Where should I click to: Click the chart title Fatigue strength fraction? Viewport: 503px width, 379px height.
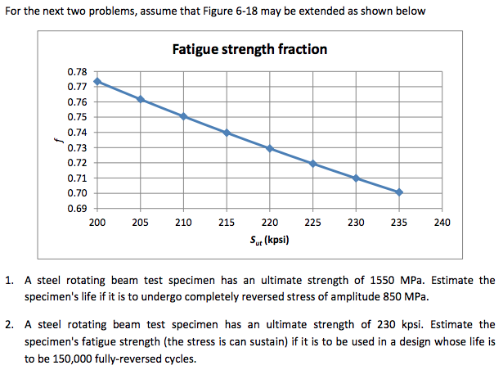249,49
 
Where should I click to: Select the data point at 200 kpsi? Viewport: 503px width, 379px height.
97,82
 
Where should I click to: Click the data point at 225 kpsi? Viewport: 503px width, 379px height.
312,164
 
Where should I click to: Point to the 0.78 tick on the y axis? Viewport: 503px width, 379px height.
77,72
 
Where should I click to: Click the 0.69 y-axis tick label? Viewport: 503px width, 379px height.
77,209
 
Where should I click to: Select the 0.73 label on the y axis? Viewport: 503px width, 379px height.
77,147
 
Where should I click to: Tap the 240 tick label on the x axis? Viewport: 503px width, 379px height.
442,223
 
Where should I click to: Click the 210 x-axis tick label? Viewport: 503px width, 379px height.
183,223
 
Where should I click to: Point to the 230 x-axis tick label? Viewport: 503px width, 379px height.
356,223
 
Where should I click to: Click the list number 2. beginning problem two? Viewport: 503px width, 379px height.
9,325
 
